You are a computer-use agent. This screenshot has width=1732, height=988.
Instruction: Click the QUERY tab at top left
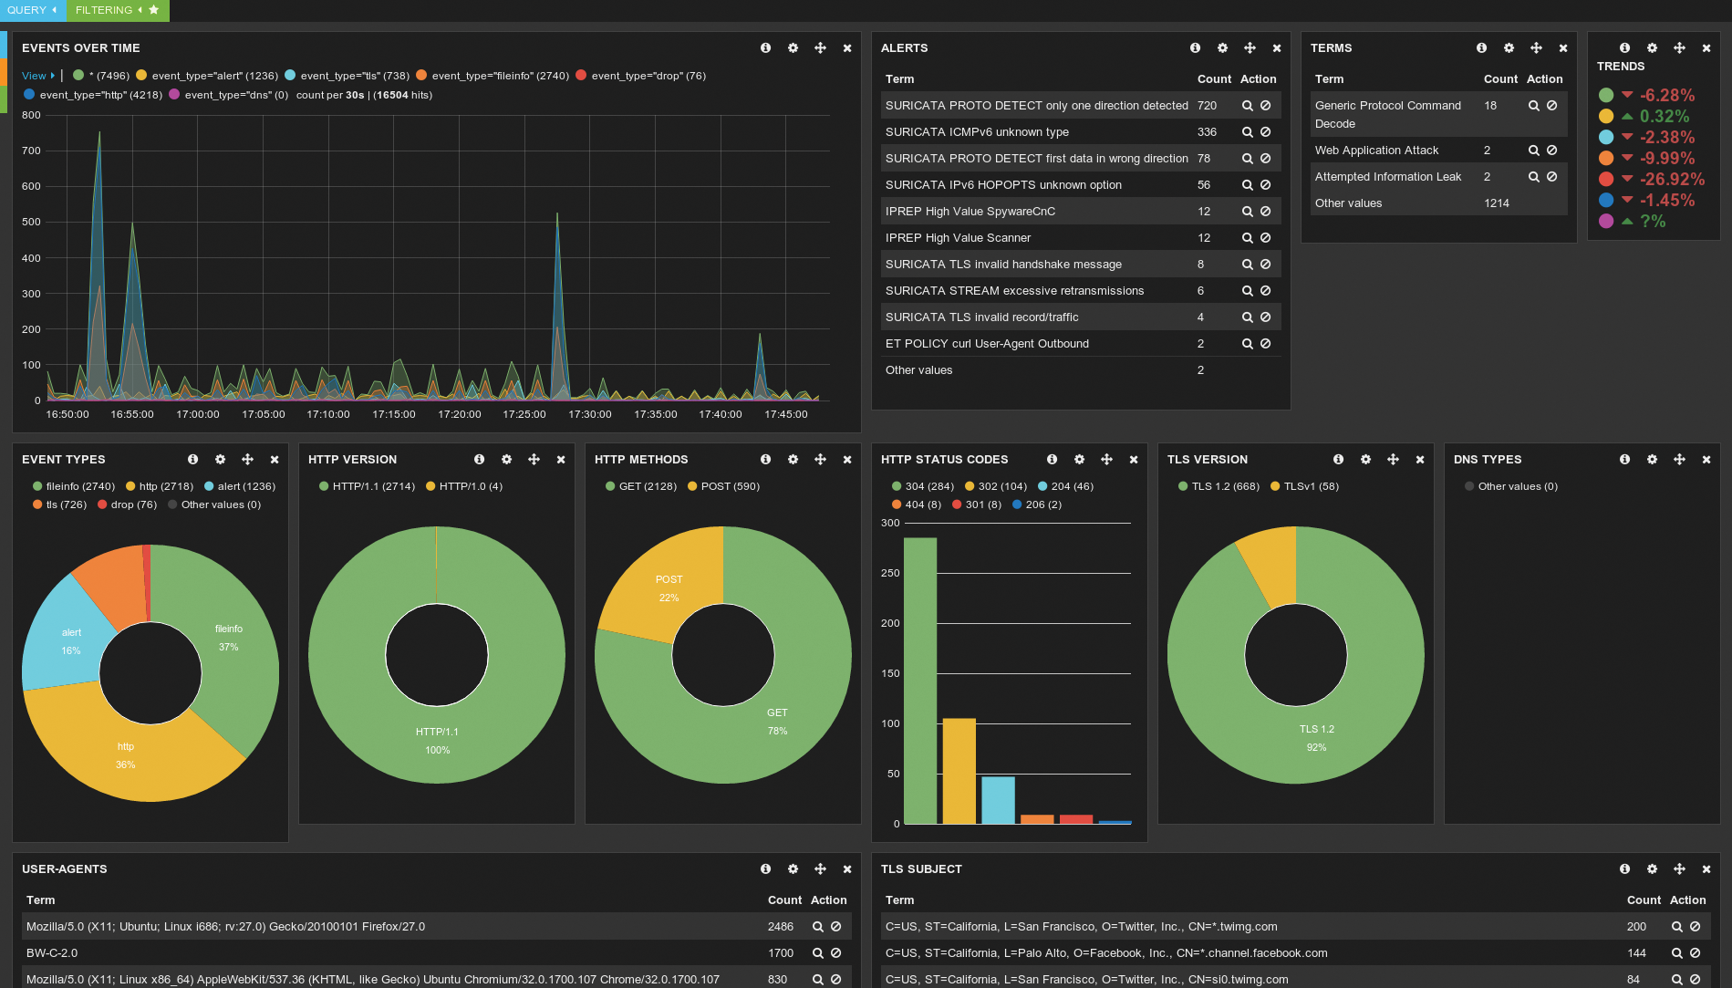[x=26, y=10]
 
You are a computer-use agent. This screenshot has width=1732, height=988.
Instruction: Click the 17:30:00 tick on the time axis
[x=590, y=414]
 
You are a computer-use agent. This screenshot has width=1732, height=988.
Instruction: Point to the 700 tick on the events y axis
[x=32, y=151]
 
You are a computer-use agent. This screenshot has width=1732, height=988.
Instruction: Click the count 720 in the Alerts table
[x=1207, y=106]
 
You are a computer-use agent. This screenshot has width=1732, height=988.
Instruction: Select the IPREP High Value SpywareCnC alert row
[x=970, y=212]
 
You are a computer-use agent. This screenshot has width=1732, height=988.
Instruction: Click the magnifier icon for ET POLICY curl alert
[x=1247, y=344]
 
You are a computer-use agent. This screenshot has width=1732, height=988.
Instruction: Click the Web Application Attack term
[x=1376, y=151]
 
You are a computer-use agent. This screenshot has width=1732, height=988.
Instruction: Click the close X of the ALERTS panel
[x=1276, y=48]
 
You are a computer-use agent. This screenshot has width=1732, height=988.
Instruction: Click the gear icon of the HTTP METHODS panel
[x=793, y=460]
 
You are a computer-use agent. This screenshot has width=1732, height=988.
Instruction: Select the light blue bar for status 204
[x=998, y=800]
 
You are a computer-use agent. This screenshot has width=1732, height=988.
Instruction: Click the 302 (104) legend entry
[x=1001, y=486]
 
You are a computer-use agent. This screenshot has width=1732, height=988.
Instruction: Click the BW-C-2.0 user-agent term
[x=52, y=953]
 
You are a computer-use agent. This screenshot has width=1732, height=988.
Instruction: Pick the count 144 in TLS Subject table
[x=1636, y=953]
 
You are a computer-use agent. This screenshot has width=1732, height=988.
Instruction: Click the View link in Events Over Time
[x=34, y=76]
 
